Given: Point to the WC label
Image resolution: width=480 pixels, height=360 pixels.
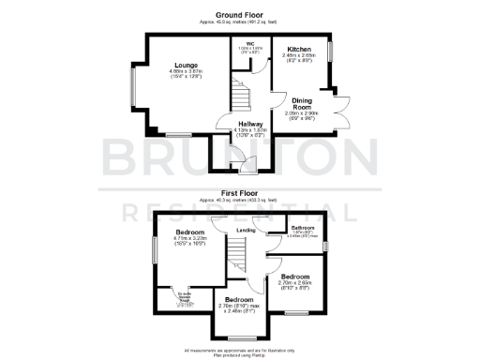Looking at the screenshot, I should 251,42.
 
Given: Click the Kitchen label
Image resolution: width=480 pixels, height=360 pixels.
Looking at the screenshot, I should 299,49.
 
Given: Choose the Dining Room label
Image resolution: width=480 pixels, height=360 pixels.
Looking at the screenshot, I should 302,105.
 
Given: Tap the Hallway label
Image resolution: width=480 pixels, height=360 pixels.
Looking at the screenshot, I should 249,123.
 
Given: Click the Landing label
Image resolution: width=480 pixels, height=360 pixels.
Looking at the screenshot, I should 246,230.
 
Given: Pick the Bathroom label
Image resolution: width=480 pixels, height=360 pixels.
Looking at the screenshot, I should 302,228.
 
